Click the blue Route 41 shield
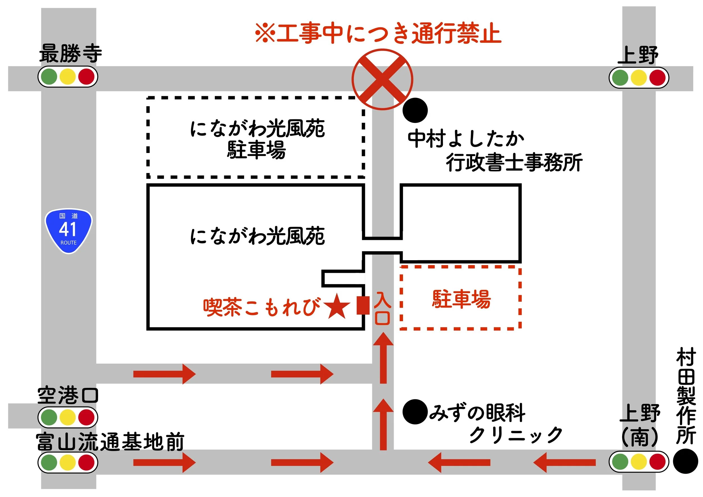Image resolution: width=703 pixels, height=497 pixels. (69, 231)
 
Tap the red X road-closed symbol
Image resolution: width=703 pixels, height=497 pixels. (382, 79)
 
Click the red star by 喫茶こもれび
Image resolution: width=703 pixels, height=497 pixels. (337, 307)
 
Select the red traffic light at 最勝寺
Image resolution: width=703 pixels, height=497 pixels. (86, 77)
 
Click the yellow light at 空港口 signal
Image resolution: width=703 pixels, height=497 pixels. (68, 417)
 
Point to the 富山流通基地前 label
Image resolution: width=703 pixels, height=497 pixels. (110, 442)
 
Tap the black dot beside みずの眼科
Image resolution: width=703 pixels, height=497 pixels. (415, 412)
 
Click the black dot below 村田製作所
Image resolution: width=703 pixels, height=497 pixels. (685, 461)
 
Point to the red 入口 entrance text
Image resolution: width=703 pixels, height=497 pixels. (382, 308)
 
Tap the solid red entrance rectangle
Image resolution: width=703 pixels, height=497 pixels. (363, 305)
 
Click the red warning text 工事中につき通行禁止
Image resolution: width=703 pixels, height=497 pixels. (378, 33)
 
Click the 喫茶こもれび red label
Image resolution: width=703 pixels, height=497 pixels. (262, 307)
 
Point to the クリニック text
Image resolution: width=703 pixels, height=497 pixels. (516, 435)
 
